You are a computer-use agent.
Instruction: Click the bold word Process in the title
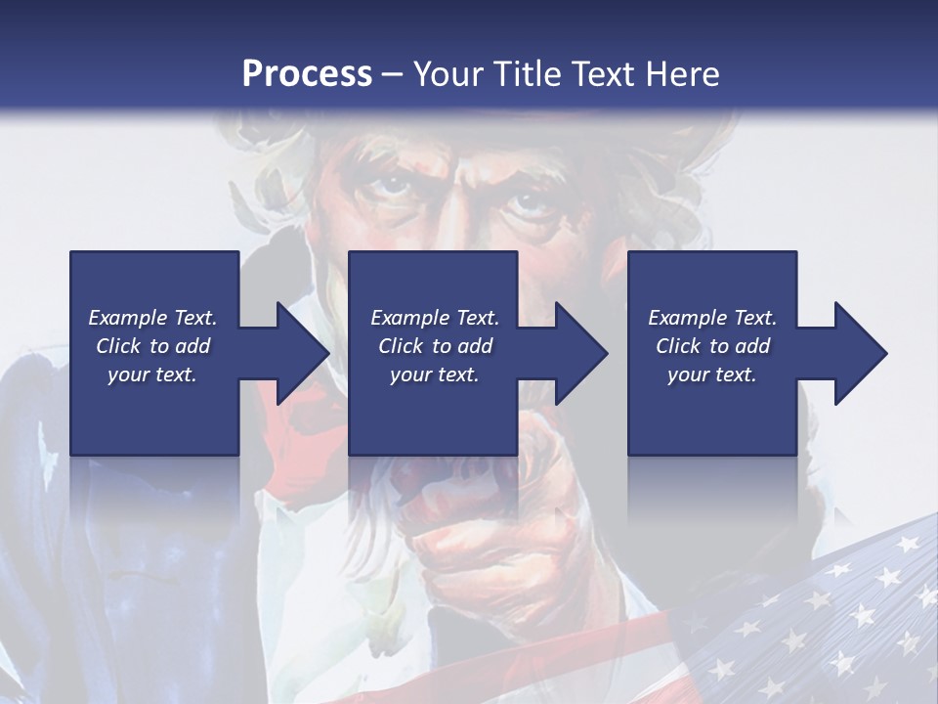[307, 74]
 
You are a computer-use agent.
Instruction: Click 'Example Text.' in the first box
[153, 318]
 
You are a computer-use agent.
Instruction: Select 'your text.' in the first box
[153, 374]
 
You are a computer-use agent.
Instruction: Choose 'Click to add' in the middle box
[435, 346]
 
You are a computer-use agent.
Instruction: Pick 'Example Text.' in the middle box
[435, 318]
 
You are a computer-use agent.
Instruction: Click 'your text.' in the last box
[712, 374]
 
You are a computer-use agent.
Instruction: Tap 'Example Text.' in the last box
[712, 318]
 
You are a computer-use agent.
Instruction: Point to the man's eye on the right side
[528, 202]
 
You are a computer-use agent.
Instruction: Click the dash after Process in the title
[393, 74]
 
